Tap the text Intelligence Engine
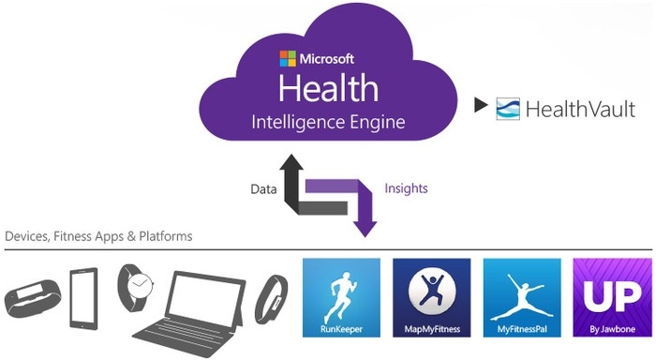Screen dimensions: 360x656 (x=328, y=122)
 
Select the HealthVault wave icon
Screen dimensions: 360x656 (x=508, y=109)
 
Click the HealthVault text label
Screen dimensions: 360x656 (x=581, y=110)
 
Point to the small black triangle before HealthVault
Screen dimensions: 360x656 (x=482, y=107)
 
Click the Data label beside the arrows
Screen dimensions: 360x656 (x=263, y=188)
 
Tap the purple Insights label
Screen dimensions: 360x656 (x=406, y=188)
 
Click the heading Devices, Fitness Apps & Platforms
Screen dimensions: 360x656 (x=98, y=236)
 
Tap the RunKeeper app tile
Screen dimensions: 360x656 (x=341, y=297)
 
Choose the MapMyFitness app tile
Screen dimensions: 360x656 (x=431, y=297)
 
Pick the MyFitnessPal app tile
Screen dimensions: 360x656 (x=521, y=297)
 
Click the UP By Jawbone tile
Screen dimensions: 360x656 (x=610, y=297)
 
